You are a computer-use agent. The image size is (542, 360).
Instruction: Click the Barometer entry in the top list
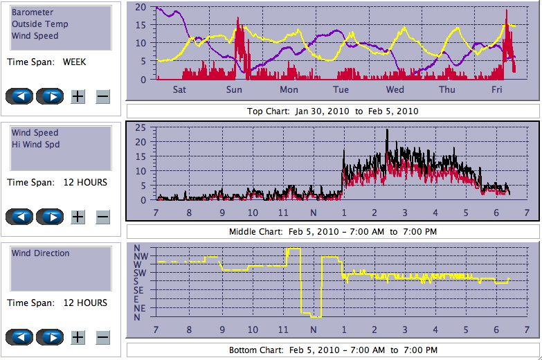point(33,12)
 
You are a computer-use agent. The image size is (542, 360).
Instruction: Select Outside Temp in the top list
point(39,24)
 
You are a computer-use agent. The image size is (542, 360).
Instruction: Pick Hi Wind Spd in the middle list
point(35,144)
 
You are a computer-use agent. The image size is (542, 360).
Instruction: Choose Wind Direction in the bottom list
point(41,253)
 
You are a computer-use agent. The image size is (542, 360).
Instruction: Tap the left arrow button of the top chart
point(19,96)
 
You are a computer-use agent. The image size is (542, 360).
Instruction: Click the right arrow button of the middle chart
point(50,217)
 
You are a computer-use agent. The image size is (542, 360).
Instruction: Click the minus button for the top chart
point(102,96)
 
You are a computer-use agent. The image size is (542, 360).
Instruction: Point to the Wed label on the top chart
point(395,90)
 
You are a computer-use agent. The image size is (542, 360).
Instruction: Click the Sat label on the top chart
point(179,90)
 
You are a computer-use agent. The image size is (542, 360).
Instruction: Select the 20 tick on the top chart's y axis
point(141,7)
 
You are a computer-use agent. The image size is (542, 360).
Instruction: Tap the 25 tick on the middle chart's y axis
point(141,127)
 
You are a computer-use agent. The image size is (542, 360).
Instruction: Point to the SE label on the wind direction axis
point(139,291)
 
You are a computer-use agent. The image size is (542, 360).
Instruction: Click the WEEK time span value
point(74,62)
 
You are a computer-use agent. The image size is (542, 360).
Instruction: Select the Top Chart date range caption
point(333,111)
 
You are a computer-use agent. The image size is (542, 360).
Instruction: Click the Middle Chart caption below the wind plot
point(333,231)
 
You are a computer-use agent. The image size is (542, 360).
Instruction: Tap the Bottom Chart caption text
point(333,350)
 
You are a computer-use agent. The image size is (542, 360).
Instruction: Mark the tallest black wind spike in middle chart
point(387,130)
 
